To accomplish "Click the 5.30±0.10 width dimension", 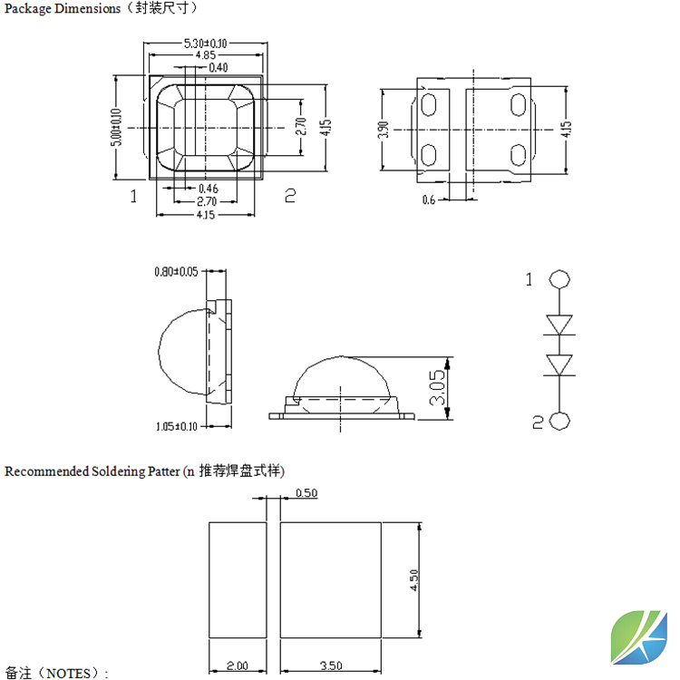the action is [205, 44].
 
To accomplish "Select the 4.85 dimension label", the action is [206, 55].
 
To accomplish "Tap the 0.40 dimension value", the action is [219, 67].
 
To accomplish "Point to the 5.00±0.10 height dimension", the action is [116, 127].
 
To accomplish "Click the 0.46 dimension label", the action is [209, 189].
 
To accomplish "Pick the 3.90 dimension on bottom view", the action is [384, 130].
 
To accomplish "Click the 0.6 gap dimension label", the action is [429, 199].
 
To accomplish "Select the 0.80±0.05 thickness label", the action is [176, 271].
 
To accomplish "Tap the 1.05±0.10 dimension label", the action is [177, 426].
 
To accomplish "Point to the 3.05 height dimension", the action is [437, 387].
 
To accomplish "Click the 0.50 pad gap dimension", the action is [306, 493].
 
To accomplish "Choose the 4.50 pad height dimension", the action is [413, 580].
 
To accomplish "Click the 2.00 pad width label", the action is [238, 665].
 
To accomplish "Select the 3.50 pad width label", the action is [331, 665].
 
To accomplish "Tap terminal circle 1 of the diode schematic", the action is [559, 279].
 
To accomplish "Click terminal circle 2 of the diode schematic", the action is [559, 421].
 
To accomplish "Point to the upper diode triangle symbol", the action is [559, 325].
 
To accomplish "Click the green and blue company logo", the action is [639, 637].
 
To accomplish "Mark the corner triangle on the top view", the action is [156, 81].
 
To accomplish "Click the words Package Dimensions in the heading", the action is [63, 8].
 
